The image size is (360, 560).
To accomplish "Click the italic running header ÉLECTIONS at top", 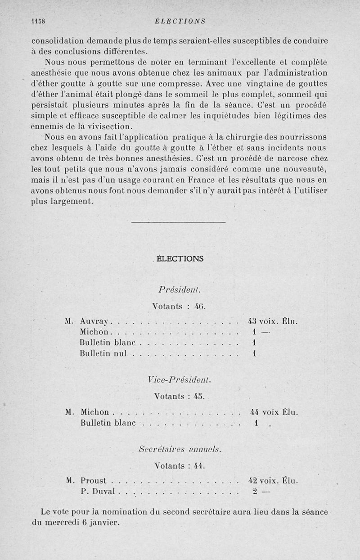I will click(179, 21).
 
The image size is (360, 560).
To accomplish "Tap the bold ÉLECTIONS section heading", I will click(180, 259).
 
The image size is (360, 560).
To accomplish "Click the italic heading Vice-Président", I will click(179, 380).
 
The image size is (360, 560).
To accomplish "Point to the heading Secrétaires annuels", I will click(180, 449).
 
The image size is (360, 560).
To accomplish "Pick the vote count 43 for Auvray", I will click(252, 321).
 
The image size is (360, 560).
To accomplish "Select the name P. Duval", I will click(99, 492).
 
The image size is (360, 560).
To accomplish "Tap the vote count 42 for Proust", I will click(253, 480).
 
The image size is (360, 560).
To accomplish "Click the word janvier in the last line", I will click(104, 523).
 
